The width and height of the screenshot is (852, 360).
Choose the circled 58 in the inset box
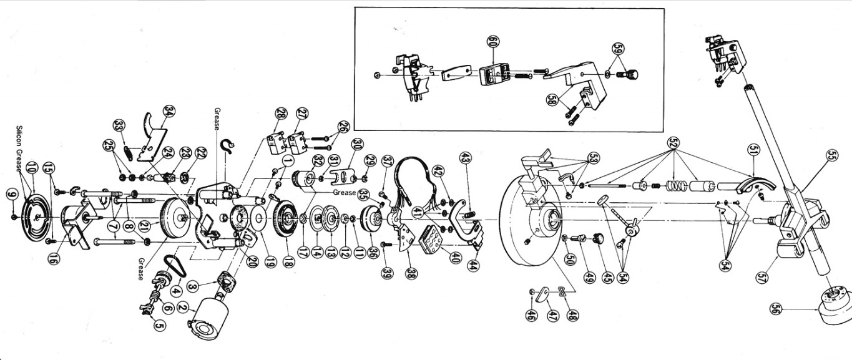click(x=552, y=99)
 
